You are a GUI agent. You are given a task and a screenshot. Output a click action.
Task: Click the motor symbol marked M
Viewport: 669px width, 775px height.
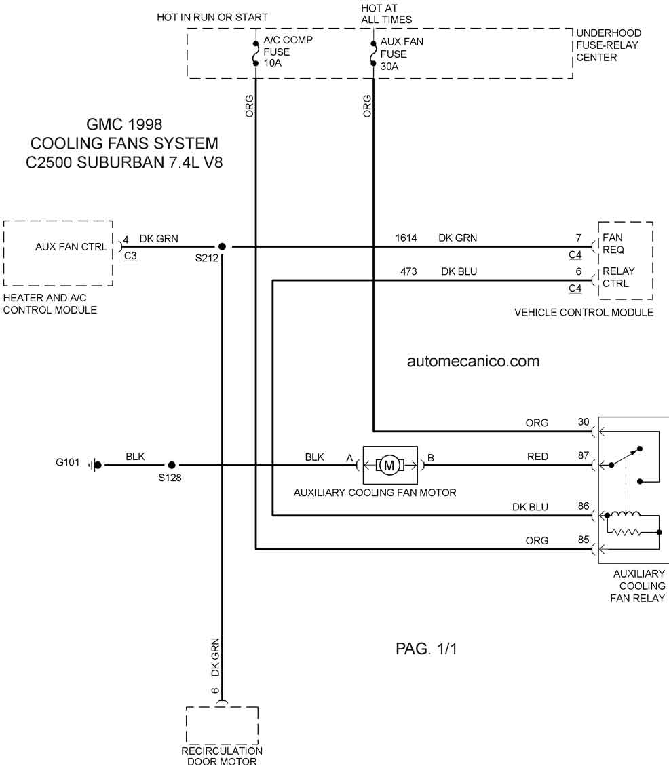pos(389,465)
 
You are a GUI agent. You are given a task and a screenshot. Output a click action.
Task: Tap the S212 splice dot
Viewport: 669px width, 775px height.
pos(223,246)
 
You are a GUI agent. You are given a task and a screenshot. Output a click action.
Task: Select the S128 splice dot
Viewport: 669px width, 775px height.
pos(172,465)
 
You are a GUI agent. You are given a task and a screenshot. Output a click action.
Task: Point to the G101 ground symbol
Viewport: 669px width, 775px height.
pos(96,465)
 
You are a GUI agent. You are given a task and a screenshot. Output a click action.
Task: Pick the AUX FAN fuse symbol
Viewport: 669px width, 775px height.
pos(373,54)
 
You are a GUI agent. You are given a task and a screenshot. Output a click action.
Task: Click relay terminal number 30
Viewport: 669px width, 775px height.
pos(584,422)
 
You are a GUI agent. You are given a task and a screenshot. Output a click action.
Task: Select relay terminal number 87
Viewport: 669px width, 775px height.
pos(584,456)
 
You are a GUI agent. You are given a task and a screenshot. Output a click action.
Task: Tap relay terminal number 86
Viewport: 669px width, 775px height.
pos(584,506)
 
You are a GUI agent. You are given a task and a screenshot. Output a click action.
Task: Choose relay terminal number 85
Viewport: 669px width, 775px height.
pos(584,540)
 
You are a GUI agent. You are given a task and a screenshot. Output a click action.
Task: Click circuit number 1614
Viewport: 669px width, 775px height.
pos(406,238)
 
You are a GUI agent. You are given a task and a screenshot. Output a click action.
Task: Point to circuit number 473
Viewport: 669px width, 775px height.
pos(408,272)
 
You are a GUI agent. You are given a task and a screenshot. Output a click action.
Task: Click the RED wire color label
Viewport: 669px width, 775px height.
pos(537,457)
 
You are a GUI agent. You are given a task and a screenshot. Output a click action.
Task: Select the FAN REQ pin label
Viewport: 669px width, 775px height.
pos(613,244)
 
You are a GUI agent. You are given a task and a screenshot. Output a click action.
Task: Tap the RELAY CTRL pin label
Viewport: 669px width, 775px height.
pos(618,278)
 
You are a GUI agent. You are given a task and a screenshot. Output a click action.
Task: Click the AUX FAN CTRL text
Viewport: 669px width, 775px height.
pos(71,246)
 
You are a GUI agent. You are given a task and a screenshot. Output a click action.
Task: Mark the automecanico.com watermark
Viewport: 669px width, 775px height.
pos(473,361)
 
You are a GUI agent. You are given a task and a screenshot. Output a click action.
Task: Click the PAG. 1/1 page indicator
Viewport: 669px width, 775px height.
pos(426,649)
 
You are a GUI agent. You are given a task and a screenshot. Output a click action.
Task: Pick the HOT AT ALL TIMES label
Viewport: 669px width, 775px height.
pos(386,14)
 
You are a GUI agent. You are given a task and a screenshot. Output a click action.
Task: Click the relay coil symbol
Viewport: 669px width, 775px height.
pos(625,516)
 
